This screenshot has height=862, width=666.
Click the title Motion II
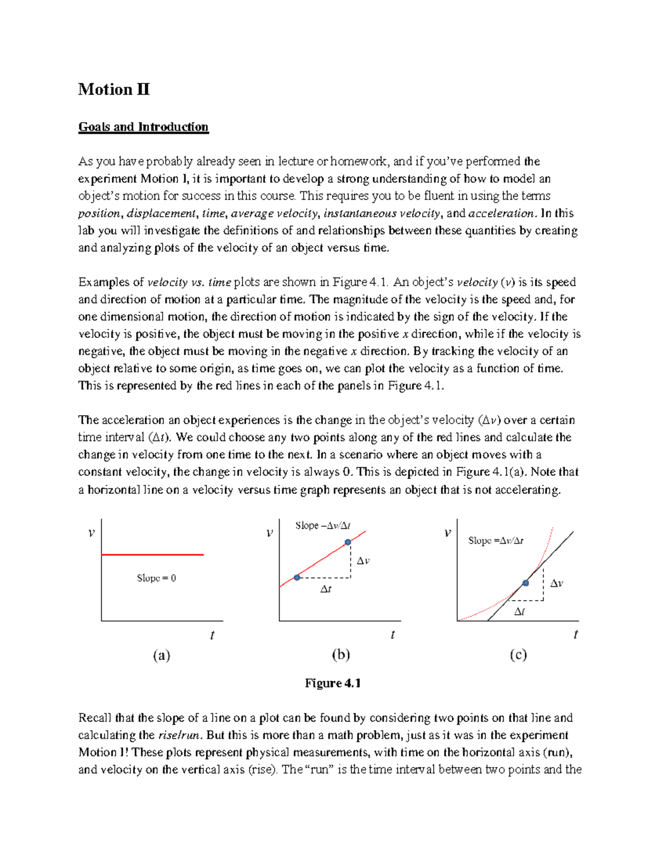(114, 89)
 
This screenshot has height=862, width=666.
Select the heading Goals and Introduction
(143, 127)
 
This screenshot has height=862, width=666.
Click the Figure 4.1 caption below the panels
(332, 683)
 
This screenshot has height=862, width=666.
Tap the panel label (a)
(162, 656)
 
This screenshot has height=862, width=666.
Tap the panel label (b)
(341, 655)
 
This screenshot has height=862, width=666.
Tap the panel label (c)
(518, 655)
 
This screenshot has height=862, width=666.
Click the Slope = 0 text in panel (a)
(157, 578)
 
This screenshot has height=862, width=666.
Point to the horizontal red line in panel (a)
(153, 554)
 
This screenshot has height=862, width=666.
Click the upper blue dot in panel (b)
(347, 542)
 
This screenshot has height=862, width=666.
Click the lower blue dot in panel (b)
(297, 578)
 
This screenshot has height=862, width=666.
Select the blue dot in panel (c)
(526, 583)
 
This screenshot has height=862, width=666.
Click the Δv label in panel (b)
(363, 561)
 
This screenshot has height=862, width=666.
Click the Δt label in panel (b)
(326, 589)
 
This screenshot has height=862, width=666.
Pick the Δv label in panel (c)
(557, 583)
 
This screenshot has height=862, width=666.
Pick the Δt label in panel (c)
(519, 612)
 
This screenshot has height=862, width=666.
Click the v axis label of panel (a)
(92, 533)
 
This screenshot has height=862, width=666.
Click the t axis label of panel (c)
(576, 634)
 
